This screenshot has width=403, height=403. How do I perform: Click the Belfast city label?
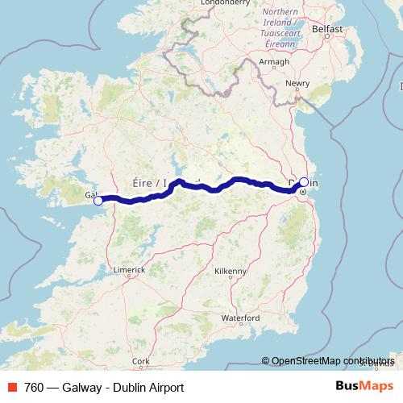[x=327, y=29]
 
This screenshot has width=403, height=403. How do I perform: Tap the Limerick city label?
[x=129, y=269]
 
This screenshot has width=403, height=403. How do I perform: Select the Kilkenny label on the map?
[x=230, y=272]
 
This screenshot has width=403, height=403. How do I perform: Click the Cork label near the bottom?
[x=141, y=361]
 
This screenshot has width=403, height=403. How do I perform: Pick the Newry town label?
[x=298, y=83]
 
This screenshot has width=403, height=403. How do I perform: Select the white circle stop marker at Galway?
[x=98, y=201]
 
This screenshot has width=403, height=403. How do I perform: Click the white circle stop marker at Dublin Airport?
[x=303, y=181]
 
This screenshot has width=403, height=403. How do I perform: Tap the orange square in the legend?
[x=12, y=388]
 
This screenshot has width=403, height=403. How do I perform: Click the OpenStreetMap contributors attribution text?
[x=332, y=361]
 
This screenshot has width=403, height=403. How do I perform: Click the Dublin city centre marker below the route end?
[x=303, y=193]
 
